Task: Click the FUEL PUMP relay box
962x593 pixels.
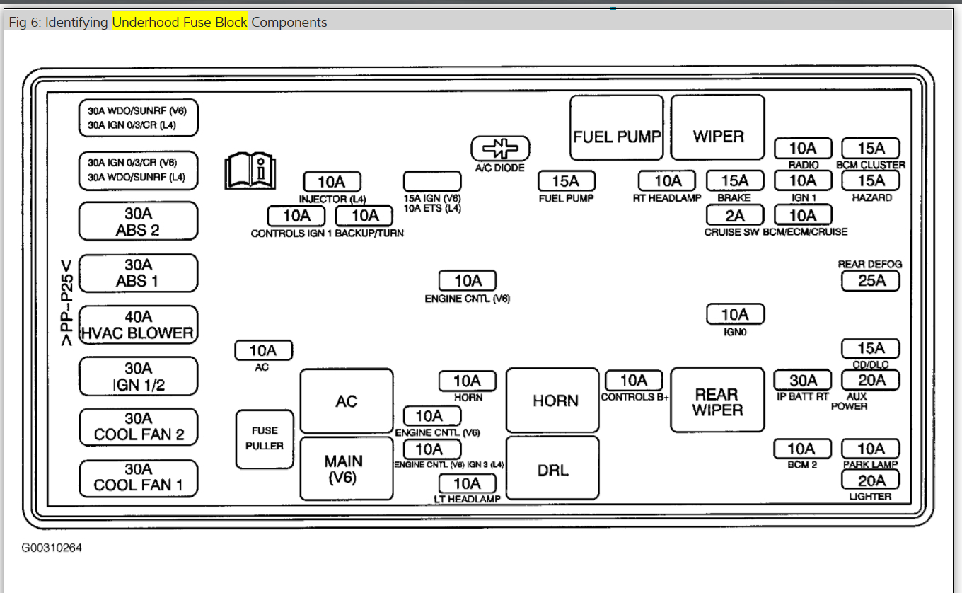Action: pyautogui.click(x=617, y=128)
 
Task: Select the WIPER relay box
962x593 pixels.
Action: pyautogui.click(x=717, y=128)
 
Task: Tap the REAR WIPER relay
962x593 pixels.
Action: pyautogui.click(x=717, y=400)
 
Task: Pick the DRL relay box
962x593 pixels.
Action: pyautogui.click(x=552, y=468)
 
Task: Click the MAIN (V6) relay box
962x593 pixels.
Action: pyautogui.click(x=347, y=468)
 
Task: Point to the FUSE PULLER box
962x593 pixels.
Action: pyautogui.click(x=265, y=439)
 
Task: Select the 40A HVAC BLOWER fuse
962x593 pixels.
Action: pyautogui.click(x=138, y=325)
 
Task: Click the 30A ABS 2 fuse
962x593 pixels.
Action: pyautogui.click(x=138, y=221)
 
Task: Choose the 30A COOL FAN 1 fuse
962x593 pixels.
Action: pyautogui.click(x=138, y=478)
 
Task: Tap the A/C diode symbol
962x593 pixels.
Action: pyautogui.click(x=500, y=149)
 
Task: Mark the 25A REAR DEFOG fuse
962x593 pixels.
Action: pyautogui.click(x=870, y=281)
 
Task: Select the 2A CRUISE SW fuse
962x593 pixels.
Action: pyautogui.click(x=735, y=215)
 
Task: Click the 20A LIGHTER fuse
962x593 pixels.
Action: pyautogui.click(x=870, y=480)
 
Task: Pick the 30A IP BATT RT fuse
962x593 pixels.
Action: pyautogui.click(x=803, y=380)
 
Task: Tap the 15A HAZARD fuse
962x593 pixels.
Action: pyautogui.click(x=871, y=181)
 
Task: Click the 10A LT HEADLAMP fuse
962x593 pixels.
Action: pyautogui.click(x=467, y=483)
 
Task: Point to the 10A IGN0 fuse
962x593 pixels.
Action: pyautogui.click(x=735, y=314)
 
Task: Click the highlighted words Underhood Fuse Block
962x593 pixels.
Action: pyautogui.click(x=180, y=22)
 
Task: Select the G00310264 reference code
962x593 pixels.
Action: pyautogui.click(x=52, y=548)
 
